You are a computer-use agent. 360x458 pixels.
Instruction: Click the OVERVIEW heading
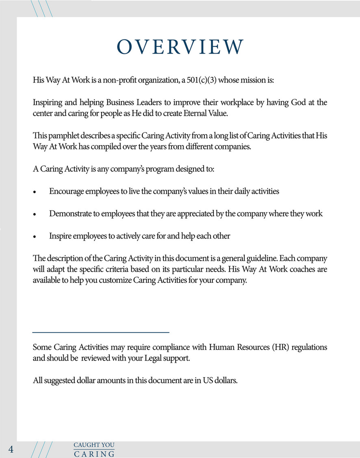coord(180,47)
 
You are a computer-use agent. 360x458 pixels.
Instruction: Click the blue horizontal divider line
coord(101,332)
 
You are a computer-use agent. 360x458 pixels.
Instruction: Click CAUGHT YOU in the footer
coord(94,445)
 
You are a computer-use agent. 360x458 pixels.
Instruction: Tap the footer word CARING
coord(94,454)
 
